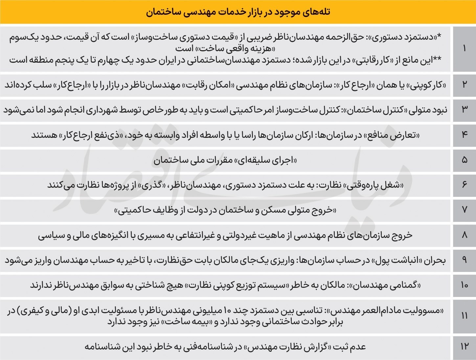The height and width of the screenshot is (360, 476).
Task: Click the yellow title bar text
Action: [238, 12]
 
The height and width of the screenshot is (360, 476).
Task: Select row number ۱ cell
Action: [464, 49]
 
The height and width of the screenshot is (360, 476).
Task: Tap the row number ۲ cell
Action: [464, 85]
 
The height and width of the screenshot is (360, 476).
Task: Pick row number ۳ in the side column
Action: [464, 110]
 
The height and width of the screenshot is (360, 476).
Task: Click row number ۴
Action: [464, 135]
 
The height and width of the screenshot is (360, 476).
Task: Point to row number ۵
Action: [464, 160]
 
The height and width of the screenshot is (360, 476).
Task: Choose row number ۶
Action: [464, 185]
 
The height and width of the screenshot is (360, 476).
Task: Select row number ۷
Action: [464, 209]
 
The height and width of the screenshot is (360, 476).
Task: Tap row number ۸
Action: [464, 235]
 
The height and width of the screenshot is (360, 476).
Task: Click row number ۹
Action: [464, 260]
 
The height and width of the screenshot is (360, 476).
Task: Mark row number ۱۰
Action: [464, 285]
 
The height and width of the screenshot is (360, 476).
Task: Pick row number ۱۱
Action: [464, 316]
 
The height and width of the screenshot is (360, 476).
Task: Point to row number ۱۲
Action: [464, 347]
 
